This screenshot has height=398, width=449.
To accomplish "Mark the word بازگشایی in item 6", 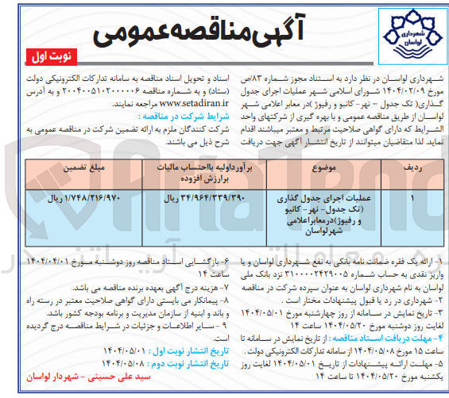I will tap(195, 258).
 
